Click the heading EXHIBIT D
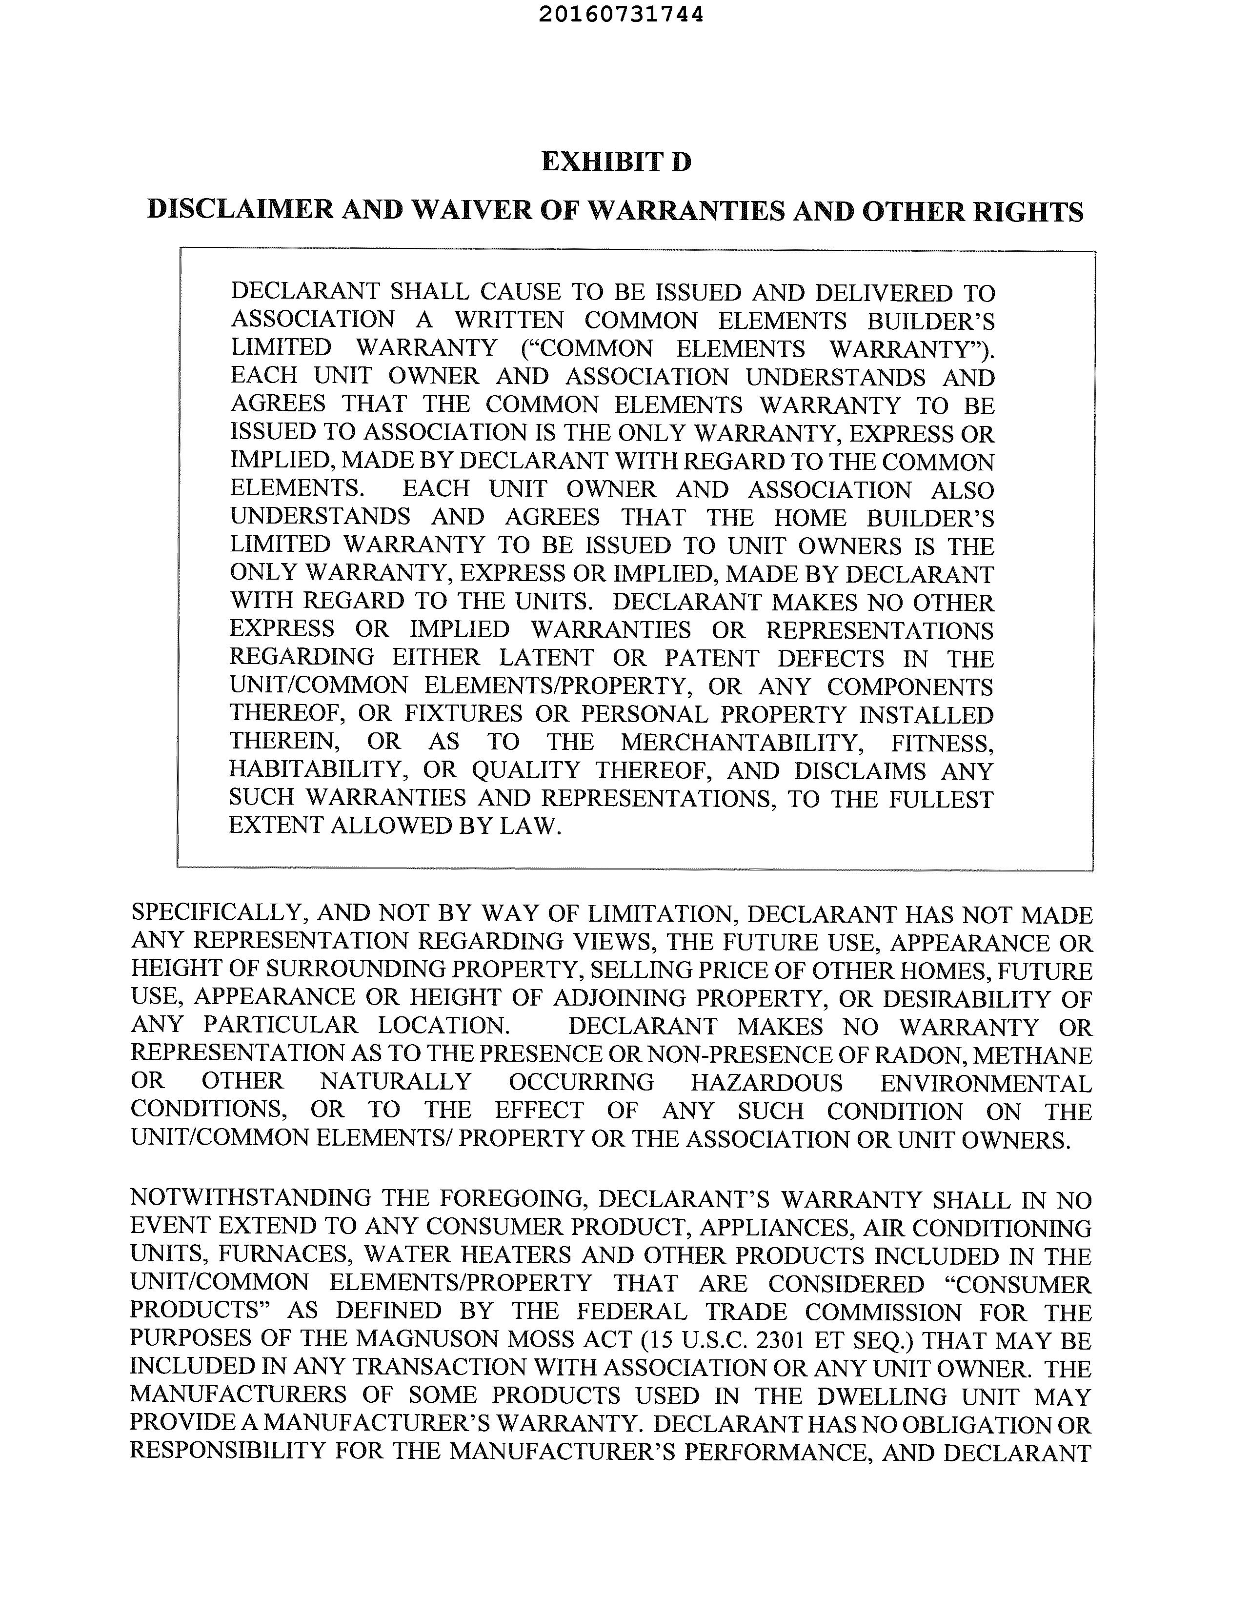point(616,162)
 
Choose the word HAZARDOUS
point(766,1083)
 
